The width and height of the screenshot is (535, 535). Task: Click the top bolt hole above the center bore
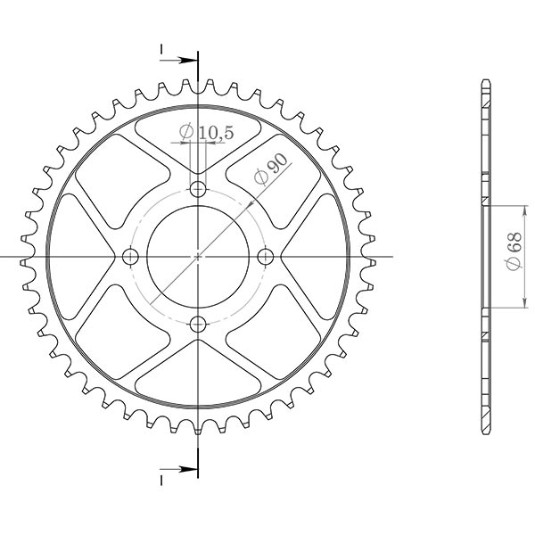(x=198, y=189)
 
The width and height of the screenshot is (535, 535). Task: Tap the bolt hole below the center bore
(x=198, y=323)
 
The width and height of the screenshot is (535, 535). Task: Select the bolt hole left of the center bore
(x=131, y=257)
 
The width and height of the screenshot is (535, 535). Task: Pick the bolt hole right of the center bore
(x=265, y=257)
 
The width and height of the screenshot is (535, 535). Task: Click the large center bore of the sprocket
(x=198, y=257)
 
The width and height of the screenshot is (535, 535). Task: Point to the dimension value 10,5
(x=216, y=133)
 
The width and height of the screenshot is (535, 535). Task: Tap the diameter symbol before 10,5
(x=185, y=133)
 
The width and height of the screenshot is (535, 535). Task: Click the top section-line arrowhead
(x=189, y=61)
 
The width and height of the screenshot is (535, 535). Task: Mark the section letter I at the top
(x=162, y=48)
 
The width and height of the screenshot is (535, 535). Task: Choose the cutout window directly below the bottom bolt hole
(x=198, y=374)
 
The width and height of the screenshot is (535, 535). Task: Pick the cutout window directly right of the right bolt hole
(x=314, y=257)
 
